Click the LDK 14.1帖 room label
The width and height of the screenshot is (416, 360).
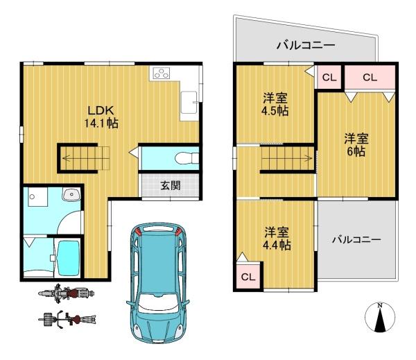pyautogui.click(x=101, y=117)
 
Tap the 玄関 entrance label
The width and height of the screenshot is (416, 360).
pyautogui.click(x=171, y=186)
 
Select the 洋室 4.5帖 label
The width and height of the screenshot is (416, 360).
pyautogui.click(x=275, y=104)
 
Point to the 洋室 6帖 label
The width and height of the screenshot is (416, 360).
pyautogui.click(x=356, y=145)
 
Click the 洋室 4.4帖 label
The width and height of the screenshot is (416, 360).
pyautogui.click(x=277, y=239)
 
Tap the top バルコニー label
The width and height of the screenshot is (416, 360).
pyautogui.click(x=306, y=45)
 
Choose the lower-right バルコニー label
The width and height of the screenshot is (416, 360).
pyautogui.click(x=356, y=240)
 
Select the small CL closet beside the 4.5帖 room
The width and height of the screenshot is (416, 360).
pyautogui.click(x=329, y=77)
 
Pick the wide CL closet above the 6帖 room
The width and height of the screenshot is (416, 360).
pyautogui.click(x=370, y=77)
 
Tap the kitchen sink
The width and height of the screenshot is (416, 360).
pyautogui.click(x=189, y=103)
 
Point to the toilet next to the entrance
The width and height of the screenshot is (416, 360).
pyautogui.click(x=187, y=158)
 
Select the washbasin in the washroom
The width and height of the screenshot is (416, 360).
pyautogui.click(x=71, y=195)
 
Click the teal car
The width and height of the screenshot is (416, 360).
pyautogui.click(x=157, y=282)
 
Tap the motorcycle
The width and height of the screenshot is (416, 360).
pyautogui.click(x=67, y=293)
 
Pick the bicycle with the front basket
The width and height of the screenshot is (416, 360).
pyautogui.click(x=67, y=319)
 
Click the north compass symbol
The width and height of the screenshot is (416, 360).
pyautogui.click(x=380, y=317)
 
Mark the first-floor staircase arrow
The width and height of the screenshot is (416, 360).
pyautogui.click(x=86, y=159)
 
